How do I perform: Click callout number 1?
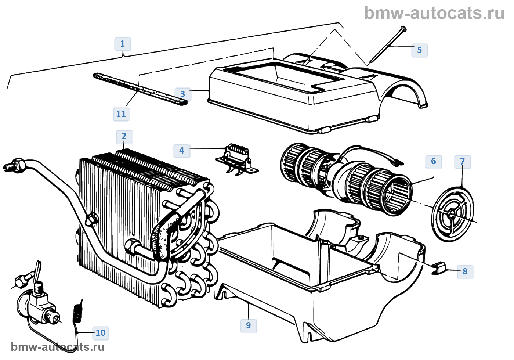tap(122, 44)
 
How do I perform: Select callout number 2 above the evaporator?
tap(124, 137)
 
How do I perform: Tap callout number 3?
tap(182, 94)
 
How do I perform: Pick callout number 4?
tap(182, 151)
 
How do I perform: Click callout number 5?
tap(419, 50)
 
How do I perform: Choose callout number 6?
tap(433, 161)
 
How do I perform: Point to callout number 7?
tap(462, 162)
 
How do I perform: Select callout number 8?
tap(465, 271)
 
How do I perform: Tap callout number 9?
tap(249, 325)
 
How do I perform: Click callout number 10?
tap(100, 333)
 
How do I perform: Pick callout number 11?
tap(121, 114)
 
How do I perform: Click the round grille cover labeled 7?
tap(453, 215)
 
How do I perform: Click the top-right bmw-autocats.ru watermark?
tap(434, 13)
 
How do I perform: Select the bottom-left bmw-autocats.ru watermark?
tap(58, 347)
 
